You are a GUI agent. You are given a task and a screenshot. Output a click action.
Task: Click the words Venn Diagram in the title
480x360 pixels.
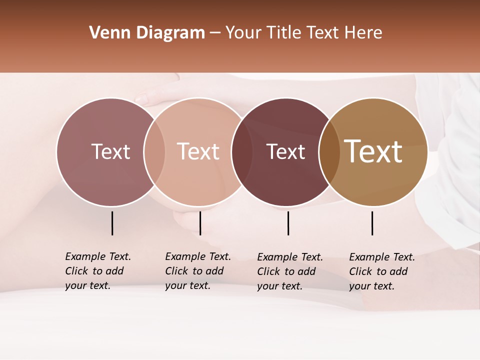click(147, 33)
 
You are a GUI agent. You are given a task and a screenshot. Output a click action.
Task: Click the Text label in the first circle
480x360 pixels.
click(110, 151)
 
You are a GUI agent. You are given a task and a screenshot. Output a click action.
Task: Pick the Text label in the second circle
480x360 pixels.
click(198, 151)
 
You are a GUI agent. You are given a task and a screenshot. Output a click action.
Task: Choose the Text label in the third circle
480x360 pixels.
click(285, 151)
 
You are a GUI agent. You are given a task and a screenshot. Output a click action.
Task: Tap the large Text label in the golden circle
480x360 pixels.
click(373, 151)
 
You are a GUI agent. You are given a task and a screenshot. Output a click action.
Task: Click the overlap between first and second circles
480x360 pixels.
click(154, 151)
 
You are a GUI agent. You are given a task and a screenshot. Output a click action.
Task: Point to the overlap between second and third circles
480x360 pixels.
click(242, 151)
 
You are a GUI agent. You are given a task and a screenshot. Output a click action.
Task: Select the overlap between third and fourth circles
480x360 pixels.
click(329, 151)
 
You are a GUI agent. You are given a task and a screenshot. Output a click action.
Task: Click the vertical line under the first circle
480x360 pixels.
click(112, 223)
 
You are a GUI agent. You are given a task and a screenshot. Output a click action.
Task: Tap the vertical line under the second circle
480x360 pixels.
click(200, 223)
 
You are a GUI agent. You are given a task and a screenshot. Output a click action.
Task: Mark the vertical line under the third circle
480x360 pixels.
click(288, 223)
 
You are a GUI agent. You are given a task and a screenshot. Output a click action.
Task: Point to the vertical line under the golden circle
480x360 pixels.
click(372, 223)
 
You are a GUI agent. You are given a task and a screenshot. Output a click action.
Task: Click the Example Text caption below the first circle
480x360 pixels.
click(98, 271)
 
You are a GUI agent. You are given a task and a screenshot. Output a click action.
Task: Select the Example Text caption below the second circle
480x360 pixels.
click(198, 271)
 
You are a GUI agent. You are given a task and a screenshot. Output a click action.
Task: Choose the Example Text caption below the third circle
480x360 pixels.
click(290, 271)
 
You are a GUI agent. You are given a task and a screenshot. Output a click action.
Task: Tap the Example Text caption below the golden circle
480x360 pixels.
click(382, 271)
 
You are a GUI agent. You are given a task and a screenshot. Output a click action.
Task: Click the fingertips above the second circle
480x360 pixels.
click(143, 99)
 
